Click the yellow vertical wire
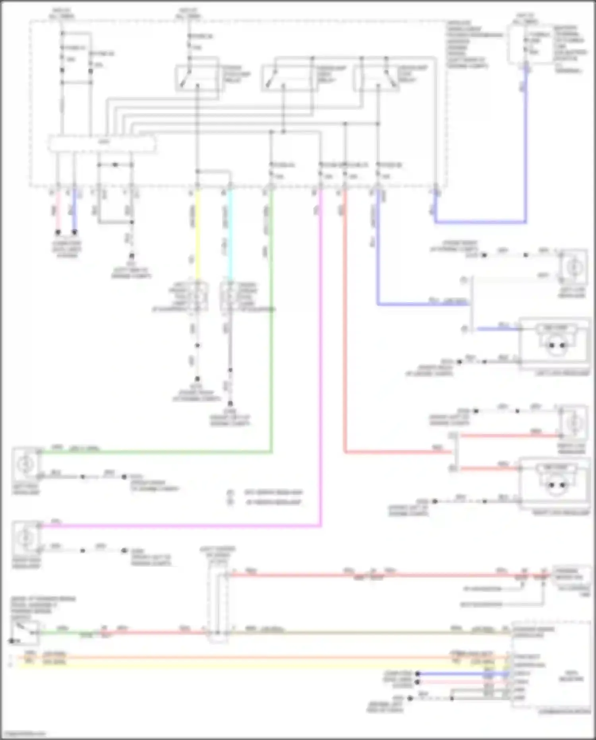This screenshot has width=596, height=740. tap(197, 235)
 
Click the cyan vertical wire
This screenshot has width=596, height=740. tap(230, 235)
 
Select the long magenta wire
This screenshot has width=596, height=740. tap(320, 358)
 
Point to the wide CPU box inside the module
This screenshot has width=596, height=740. tap(102, 144)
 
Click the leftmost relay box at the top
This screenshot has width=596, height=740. tap(197, 74)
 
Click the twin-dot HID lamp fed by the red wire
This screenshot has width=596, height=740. tap(555, 484)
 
